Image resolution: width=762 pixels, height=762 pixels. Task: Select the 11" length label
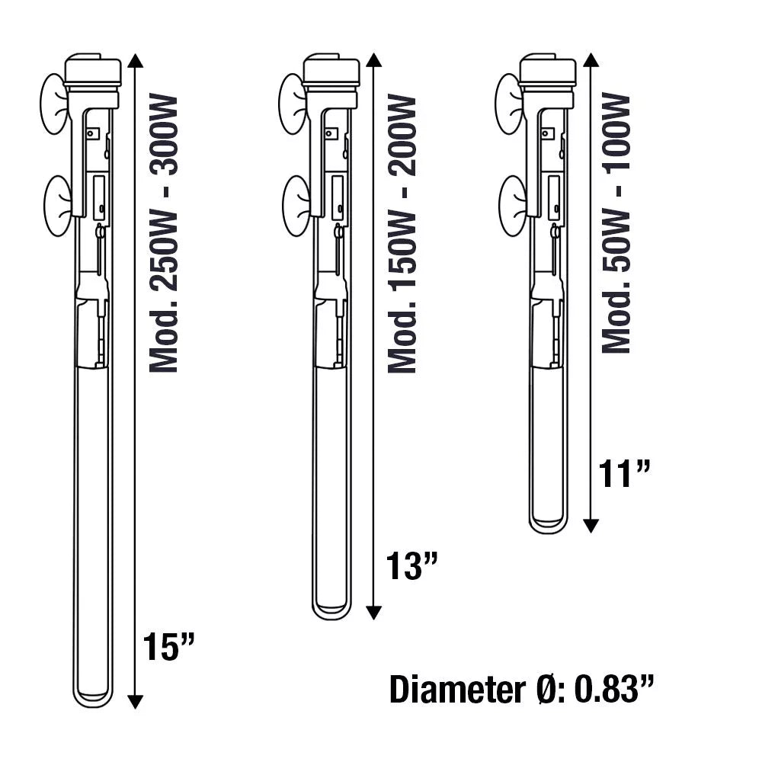tap(626, 474)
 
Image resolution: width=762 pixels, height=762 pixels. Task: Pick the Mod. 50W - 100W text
tap(616, 223)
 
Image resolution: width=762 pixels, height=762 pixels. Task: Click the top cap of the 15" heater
tap(93, 70)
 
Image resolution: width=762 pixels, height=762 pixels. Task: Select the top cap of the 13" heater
tap(331, 70)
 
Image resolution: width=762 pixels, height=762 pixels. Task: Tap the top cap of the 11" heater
tap(548, 70)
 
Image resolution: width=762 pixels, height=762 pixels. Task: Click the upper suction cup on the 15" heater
tap(53, 104)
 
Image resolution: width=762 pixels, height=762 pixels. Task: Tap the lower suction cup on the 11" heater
tap(511, 205)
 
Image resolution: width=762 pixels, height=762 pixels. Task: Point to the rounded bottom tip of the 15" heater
tap(93, 699)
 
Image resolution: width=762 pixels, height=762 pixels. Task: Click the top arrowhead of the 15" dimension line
tap(135, 61)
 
